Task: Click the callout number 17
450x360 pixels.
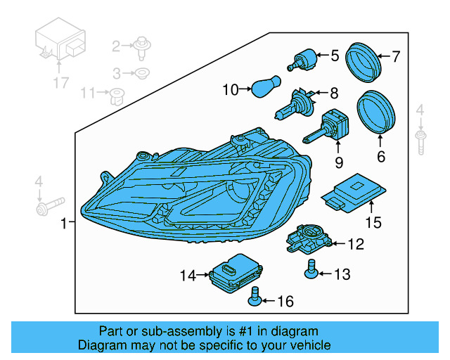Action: click(x=60, y=84)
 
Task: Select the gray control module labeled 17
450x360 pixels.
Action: click(x=60, y=46)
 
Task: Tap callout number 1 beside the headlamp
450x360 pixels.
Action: click(x=64, y=224)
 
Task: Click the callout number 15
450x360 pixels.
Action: click(x=373, y=223)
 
